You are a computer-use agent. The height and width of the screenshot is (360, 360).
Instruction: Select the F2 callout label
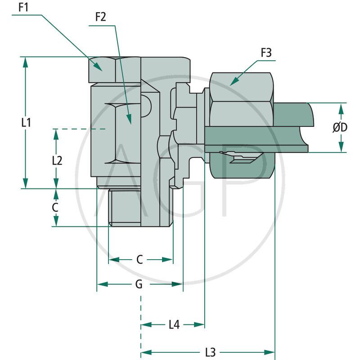point(100,17)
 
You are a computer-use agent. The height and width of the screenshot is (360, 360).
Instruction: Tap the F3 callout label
point(266,53)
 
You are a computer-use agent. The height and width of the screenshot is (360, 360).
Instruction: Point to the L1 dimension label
point(27,122)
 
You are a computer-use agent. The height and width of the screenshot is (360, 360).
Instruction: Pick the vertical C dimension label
point(55,207)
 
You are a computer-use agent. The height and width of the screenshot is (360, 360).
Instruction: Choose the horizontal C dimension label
point(139,260)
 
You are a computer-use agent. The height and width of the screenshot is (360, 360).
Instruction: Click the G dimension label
point(139,284)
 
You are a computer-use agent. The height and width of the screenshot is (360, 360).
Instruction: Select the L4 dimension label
point(174,324)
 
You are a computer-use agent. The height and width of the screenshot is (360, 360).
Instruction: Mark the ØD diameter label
point(340,128)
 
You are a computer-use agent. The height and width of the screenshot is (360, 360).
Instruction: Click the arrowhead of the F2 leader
point(129,123)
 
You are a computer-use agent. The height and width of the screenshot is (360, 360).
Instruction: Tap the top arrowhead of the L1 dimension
point(26,58)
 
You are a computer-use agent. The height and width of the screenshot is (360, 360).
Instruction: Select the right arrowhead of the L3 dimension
point(274,351)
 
